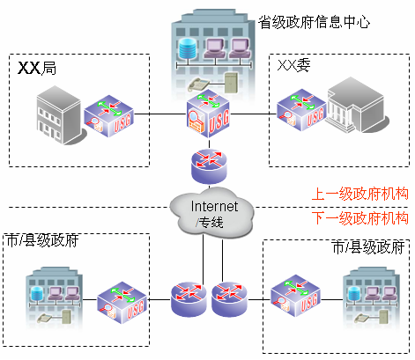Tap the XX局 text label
[38, 68]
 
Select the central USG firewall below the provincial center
[208, 114]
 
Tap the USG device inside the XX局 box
[107, 114]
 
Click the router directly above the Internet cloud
[209, 162]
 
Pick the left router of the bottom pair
[188, 298]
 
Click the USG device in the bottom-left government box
[120, 298]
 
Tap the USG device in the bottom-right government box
[293, 298]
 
